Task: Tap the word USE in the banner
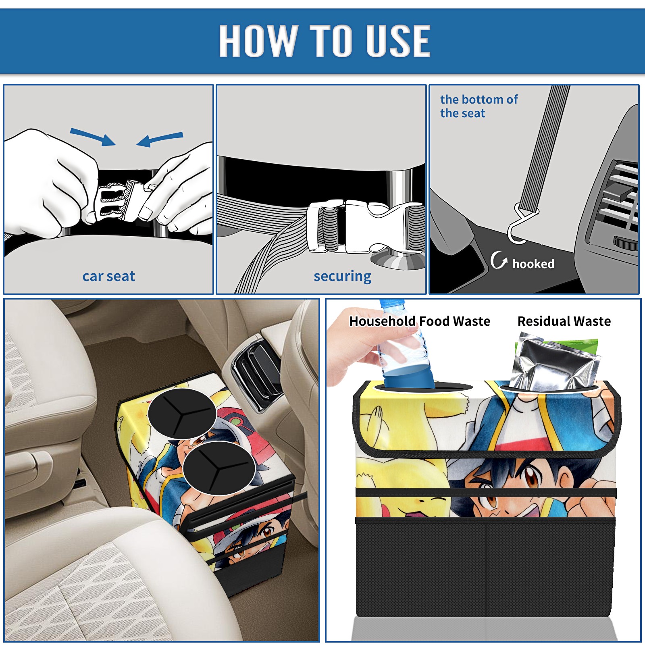click(x=398, y=40)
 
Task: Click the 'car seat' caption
click(x=108, y=277)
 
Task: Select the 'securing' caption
click(x=342, y=277)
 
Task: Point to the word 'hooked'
click(x=533, y=264)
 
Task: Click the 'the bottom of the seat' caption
click(x=479, y=106)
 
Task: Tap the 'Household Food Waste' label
click(x=420, y=321)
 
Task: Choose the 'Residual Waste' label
click(x=564, y=321)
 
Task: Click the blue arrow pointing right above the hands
click(x=93, y=137)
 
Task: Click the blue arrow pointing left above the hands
click(x=160, y=139)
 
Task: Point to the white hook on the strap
click(x=521, y=224)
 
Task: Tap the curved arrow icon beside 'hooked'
click(x=499, y=260)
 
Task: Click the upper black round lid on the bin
click(x=182, y=413)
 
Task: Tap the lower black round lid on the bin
click(x=219, y=468)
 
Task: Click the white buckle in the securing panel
click(x=365, y=226)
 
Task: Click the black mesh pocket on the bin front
click(x=485, y=568)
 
